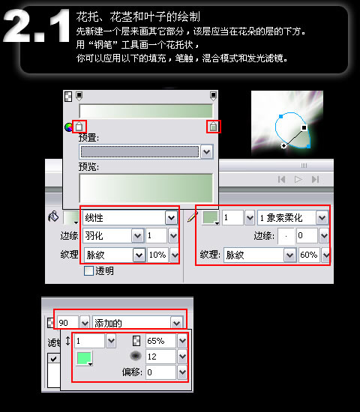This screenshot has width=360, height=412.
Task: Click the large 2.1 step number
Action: [36, 25]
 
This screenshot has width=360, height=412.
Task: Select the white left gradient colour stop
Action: [79, 127]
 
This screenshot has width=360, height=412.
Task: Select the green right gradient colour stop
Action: [214, 127]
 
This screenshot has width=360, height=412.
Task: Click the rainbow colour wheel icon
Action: [68, 127]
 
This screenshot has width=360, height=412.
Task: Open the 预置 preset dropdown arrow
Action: [206, 151]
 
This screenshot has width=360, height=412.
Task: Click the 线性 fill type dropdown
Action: [130, 217]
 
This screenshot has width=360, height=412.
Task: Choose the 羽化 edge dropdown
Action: [113, 235]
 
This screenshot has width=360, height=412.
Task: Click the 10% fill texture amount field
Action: [157, 255]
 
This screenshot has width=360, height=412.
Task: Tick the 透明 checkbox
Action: [88, 270]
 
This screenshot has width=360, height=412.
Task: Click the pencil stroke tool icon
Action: [193, 217]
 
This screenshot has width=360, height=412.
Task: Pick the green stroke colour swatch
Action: [211, 217]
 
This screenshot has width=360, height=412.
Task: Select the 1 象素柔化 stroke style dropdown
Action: [292, 217]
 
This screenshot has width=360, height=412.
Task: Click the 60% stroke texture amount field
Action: [309, 255]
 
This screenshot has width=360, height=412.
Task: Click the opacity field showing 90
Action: [67, 322]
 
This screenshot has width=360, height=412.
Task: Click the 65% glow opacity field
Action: [160, 341]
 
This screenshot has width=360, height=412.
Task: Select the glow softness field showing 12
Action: [160, 357]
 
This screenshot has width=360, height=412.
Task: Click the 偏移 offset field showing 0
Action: [160, 372]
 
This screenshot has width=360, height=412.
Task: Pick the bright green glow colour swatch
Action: [84, 358]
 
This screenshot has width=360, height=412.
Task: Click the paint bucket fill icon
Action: [53, 216]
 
